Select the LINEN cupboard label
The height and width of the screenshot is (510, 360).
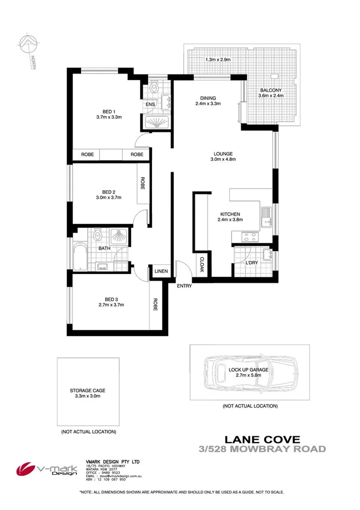click(x=161, y=271)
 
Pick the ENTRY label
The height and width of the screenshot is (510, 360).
click(x=184, y=286)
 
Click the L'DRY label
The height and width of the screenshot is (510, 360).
click(x=251, y=264)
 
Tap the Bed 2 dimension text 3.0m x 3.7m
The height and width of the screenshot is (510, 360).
click(x=108, y=198)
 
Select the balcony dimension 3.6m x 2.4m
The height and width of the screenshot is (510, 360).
click(x=271, y=96)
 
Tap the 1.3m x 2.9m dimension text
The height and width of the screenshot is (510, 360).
click(x=218, y=59)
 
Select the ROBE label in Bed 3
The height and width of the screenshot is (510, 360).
click(x=155, y=305)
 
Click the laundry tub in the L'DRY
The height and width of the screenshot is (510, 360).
click(x=266, y=254)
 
